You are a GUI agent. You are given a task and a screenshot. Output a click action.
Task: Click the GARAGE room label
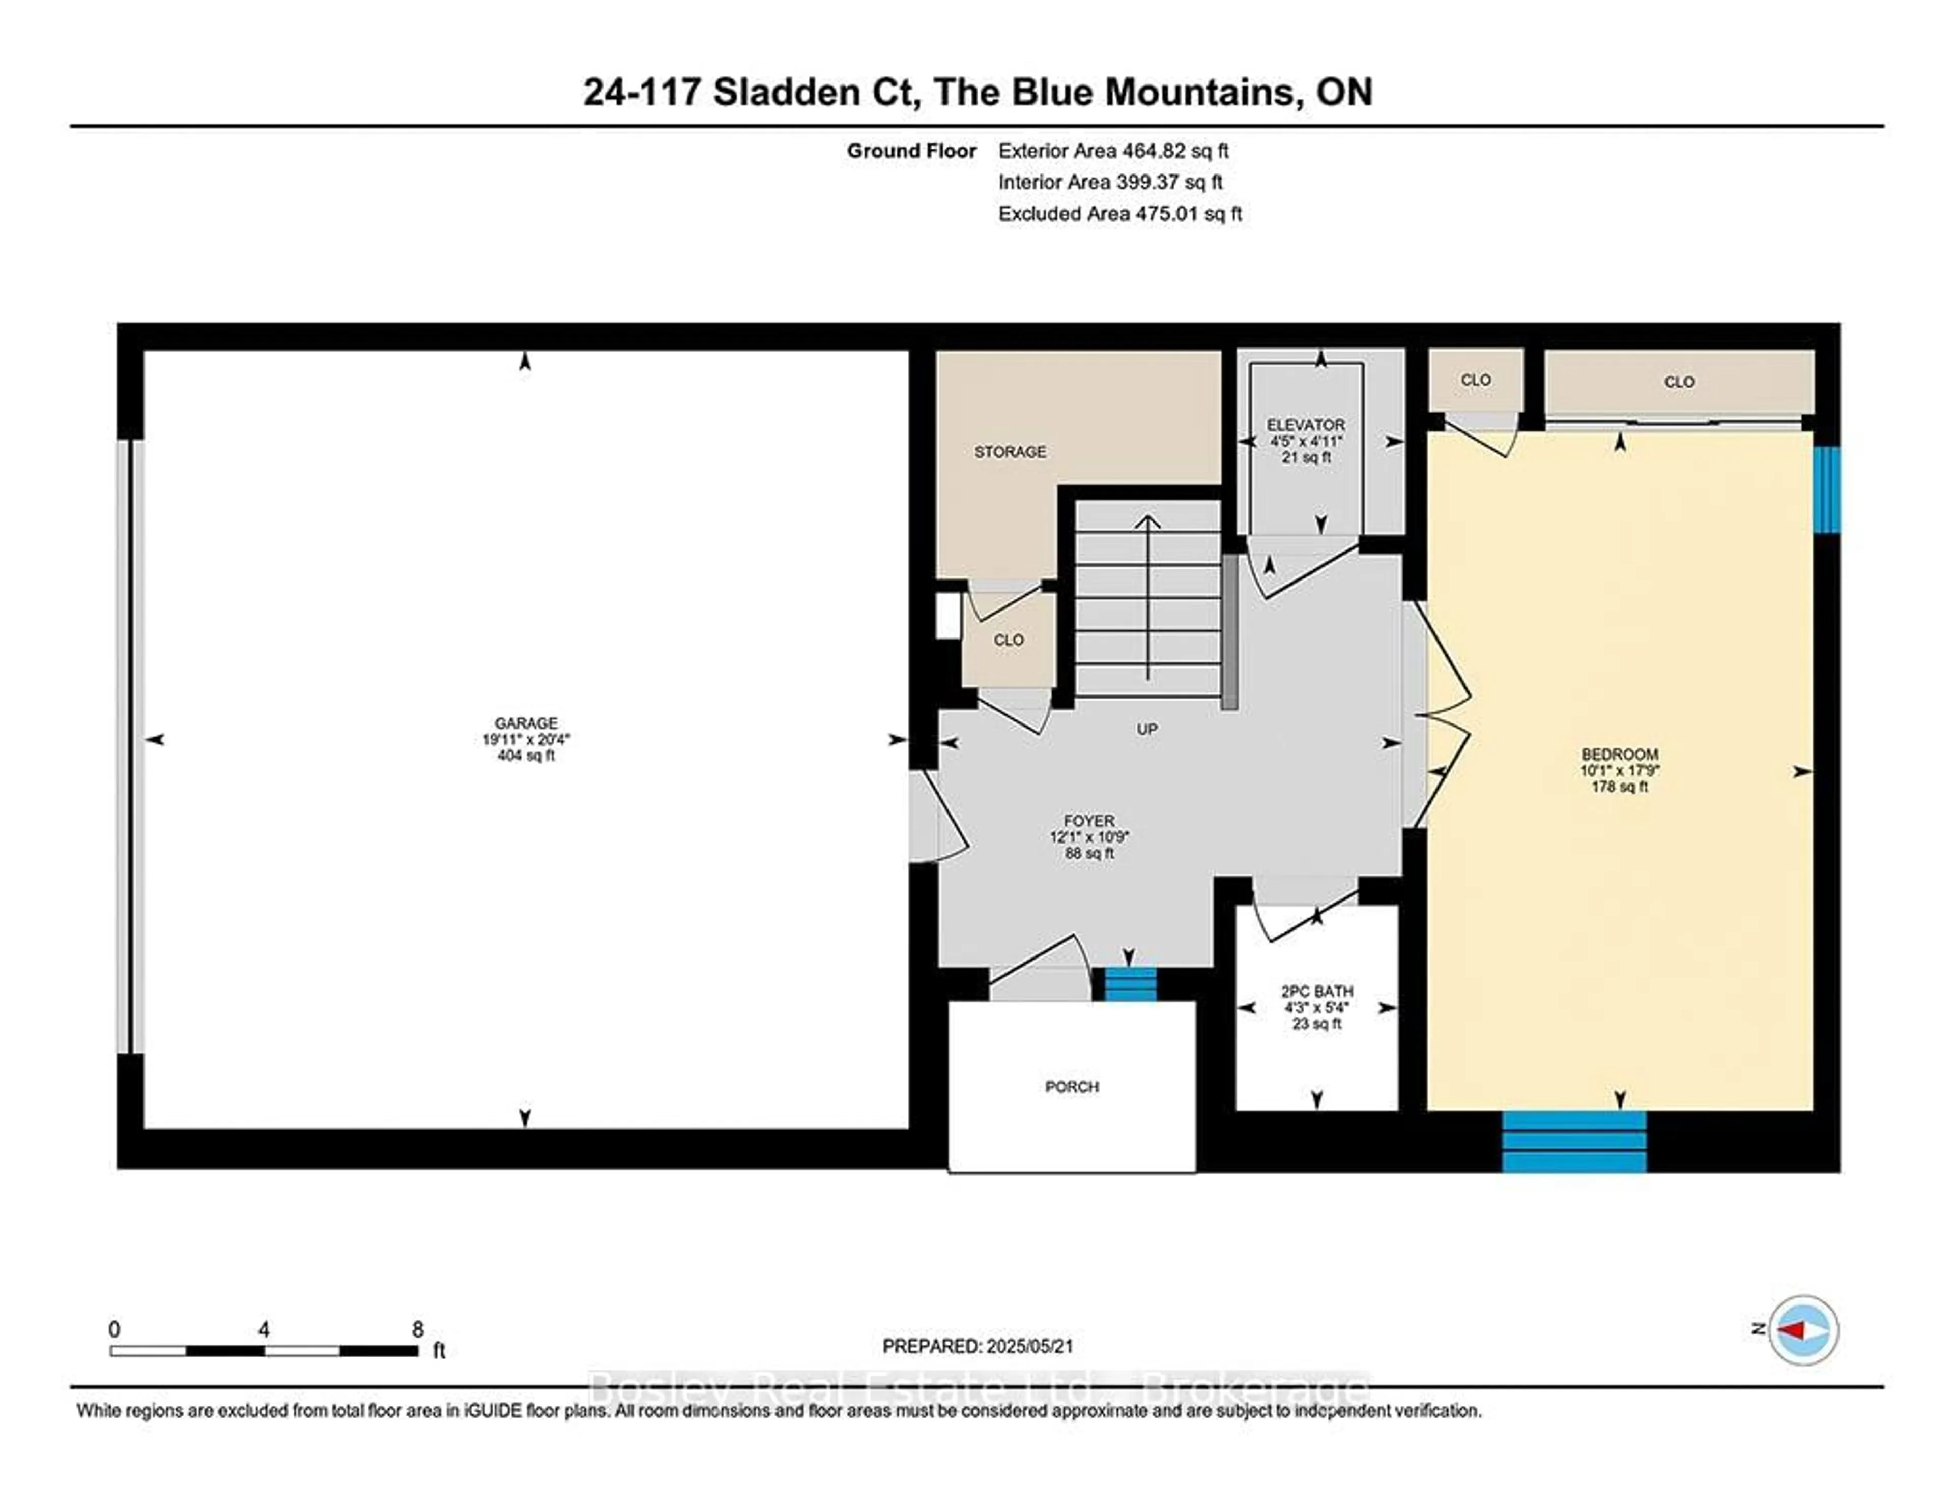tap(526, 723)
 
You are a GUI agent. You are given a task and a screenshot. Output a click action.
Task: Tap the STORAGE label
tap(1010, 452)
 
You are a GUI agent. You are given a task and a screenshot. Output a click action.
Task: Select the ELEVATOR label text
tap(1306, 425)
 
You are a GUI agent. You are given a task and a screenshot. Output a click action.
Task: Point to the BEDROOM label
tap(1619, 754)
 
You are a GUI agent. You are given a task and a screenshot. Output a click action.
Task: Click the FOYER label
tap(1089, 820)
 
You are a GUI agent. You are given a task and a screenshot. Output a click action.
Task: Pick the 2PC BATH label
tap(1317, 991)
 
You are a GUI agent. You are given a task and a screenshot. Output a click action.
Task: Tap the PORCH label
tap(1072, 1087)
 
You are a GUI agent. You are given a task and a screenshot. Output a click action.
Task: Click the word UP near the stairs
tap(1147, 729)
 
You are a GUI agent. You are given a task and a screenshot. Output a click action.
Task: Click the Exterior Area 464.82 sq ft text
tap(1113, 150)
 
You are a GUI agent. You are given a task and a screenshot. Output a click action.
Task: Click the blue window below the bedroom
tap(1574, 1141)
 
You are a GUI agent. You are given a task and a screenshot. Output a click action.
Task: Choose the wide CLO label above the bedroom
tap(1679, 382)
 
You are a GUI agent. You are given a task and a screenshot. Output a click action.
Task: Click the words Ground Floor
tap(912, 150)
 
